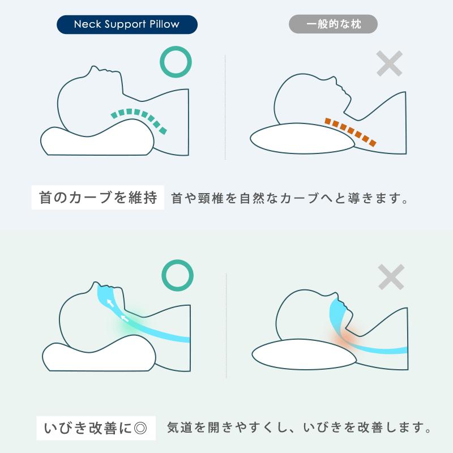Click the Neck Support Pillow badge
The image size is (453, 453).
[127, 24]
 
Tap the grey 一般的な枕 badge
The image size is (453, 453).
[333, 24]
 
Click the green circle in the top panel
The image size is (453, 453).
[176, 63]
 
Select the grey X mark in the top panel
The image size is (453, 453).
[389, 63]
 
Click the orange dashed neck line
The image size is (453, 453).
[351, 130]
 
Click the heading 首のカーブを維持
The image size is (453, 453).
[97, 199]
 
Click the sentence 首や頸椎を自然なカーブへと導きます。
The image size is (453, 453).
[289, 199]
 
